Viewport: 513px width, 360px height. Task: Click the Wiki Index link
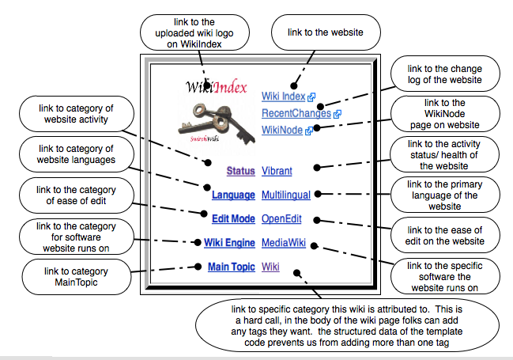coord(284,97)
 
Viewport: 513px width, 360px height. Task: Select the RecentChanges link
coord(296,113)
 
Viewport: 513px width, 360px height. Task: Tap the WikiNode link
coord(282,130)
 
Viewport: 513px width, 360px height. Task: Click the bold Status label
coord(240,171)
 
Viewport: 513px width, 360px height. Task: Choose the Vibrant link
coord(277,171)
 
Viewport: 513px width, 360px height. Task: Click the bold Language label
coord(233,195)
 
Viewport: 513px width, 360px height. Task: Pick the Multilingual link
coord(286,195)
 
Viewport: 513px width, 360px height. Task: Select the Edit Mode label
coord(233,219)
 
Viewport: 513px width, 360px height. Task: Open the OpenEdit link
coord(282,219)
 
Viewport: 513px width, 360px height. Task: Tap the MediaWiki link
coord(284,244)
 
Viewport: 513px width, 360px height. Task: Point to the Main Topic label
coord(231,267)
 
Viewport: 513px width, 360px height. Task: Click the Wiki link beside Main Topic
coord(270,267)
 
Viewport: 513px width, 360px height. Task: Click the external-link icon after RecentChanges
coord(338,114)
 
